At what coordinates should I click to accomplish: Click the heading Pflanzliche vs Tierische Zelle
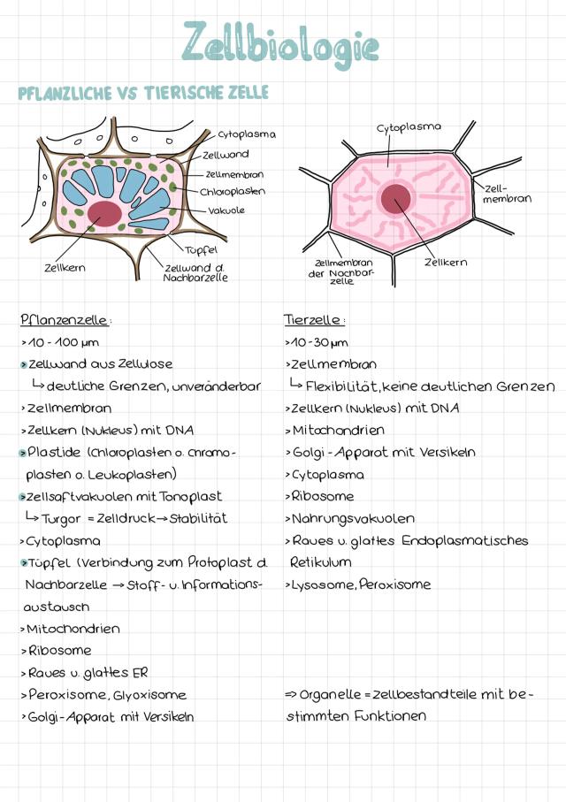point(143,93)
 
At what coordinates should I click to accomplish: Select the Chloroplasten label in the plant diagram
point(233,191)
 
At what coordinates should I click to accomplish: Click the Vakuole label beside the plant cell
point(226,210)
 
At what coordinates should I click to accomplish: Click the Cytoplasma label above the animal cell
point(409,126)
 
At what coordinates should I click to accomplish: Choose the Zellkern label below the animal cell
point(446,262)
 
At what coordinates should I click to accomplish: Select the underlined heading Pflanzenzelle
point(66,319)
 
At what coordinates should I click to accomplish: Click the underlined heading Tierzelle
point(314,319)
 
